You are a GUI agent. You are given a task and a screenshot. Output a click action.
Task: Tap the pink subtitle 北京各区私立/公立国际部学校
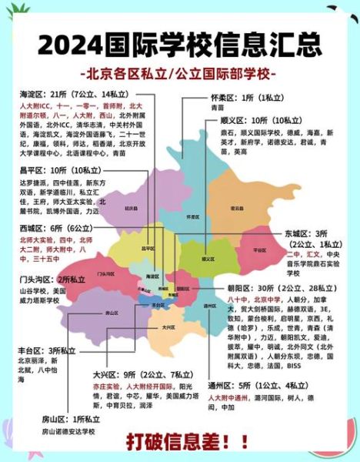(x=180, y=75)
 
